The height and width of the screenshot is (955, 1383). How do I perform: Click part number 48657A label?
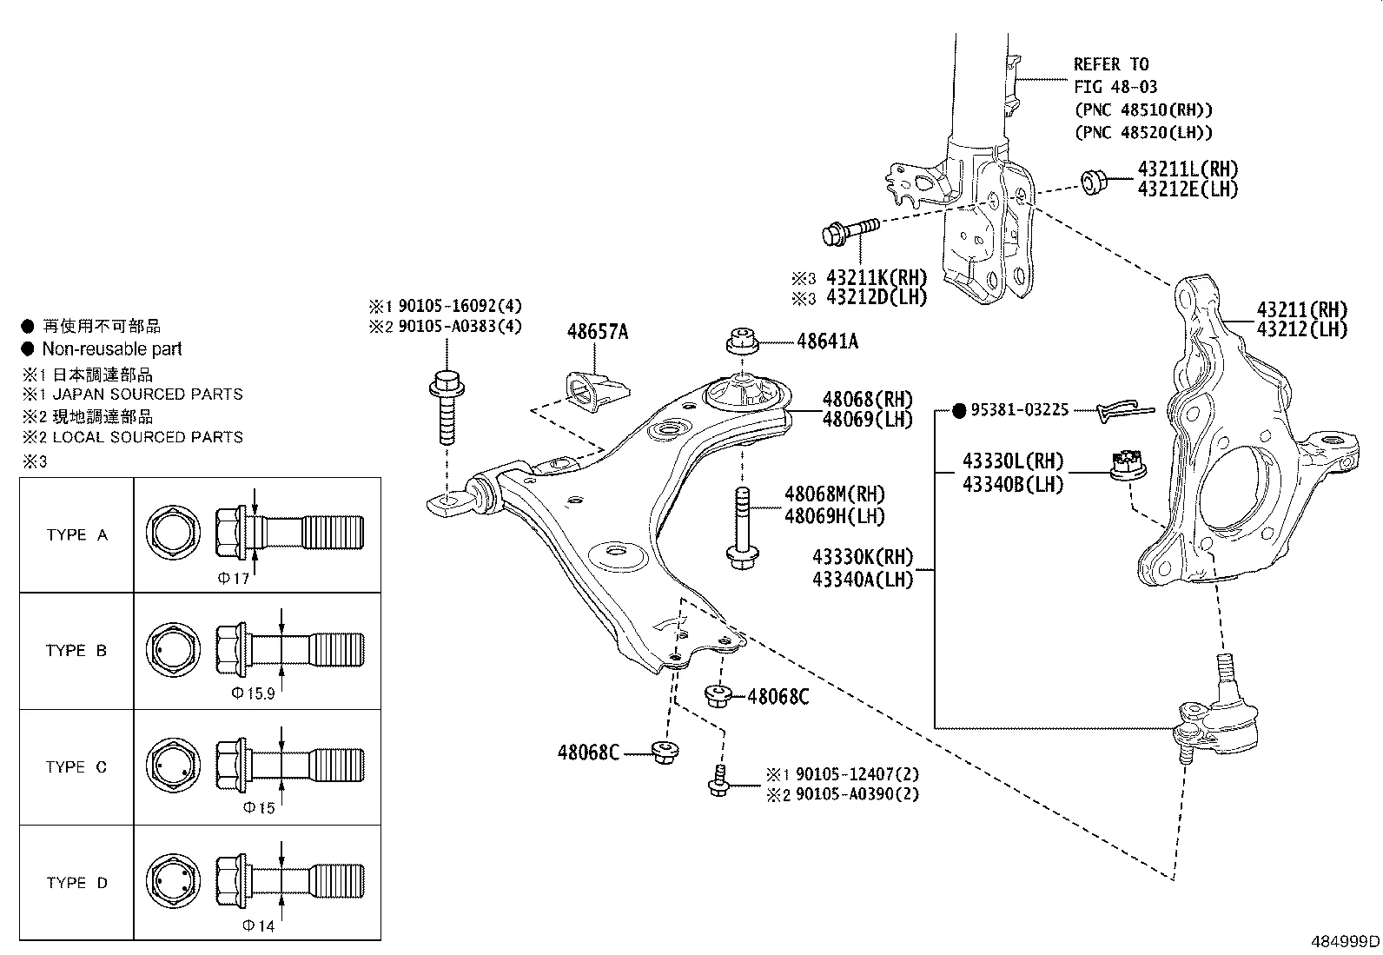tap(597, 332)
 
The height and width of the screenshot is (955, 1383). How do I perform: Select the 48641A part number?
tap(827, 342)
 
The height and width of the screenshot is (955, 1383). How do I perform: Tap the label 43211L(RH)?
tap(1188, 169)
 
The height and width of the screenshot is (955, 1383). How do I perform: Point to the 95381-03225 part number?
tap(1021, 410)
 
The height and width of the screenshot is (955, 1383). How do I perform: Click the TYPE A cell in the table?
tap(77, 535)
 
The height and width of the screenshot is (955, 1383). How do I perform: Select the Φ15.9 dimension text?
tap(253, 693)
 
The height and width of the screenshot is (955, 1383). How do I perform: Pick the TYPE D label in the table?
tap(77, 883)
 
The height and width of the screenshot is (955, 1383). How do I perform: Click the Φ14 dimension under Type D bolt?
tap(259, 926)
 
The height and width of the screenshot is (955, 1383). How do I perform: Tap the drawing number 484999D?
tap(1345, 941)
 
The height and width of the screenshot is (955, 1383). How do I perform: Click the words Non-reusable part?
tap(112, 349)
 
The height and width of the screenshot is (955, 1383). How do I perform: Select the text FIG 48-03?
tap(1115, 87)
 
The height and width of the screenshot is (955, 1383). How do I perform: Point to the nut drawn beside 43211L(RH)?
tap(1093, 182)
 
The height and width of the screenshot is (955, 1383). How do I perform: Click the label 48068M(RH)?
tap(835, 494)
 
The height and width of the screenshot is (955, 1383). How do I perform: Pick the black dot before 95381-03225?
tap(958, 410)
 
